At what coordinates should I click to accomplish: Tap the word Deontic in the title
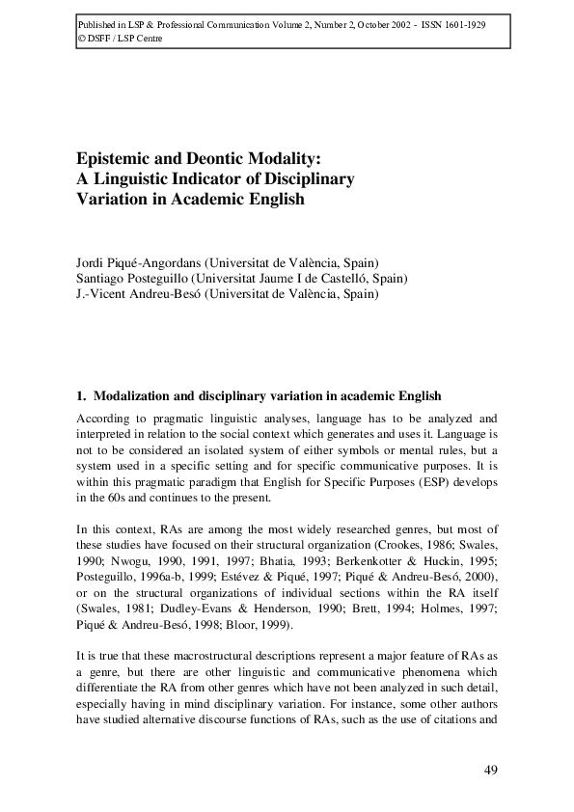(x=214, y=157)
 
